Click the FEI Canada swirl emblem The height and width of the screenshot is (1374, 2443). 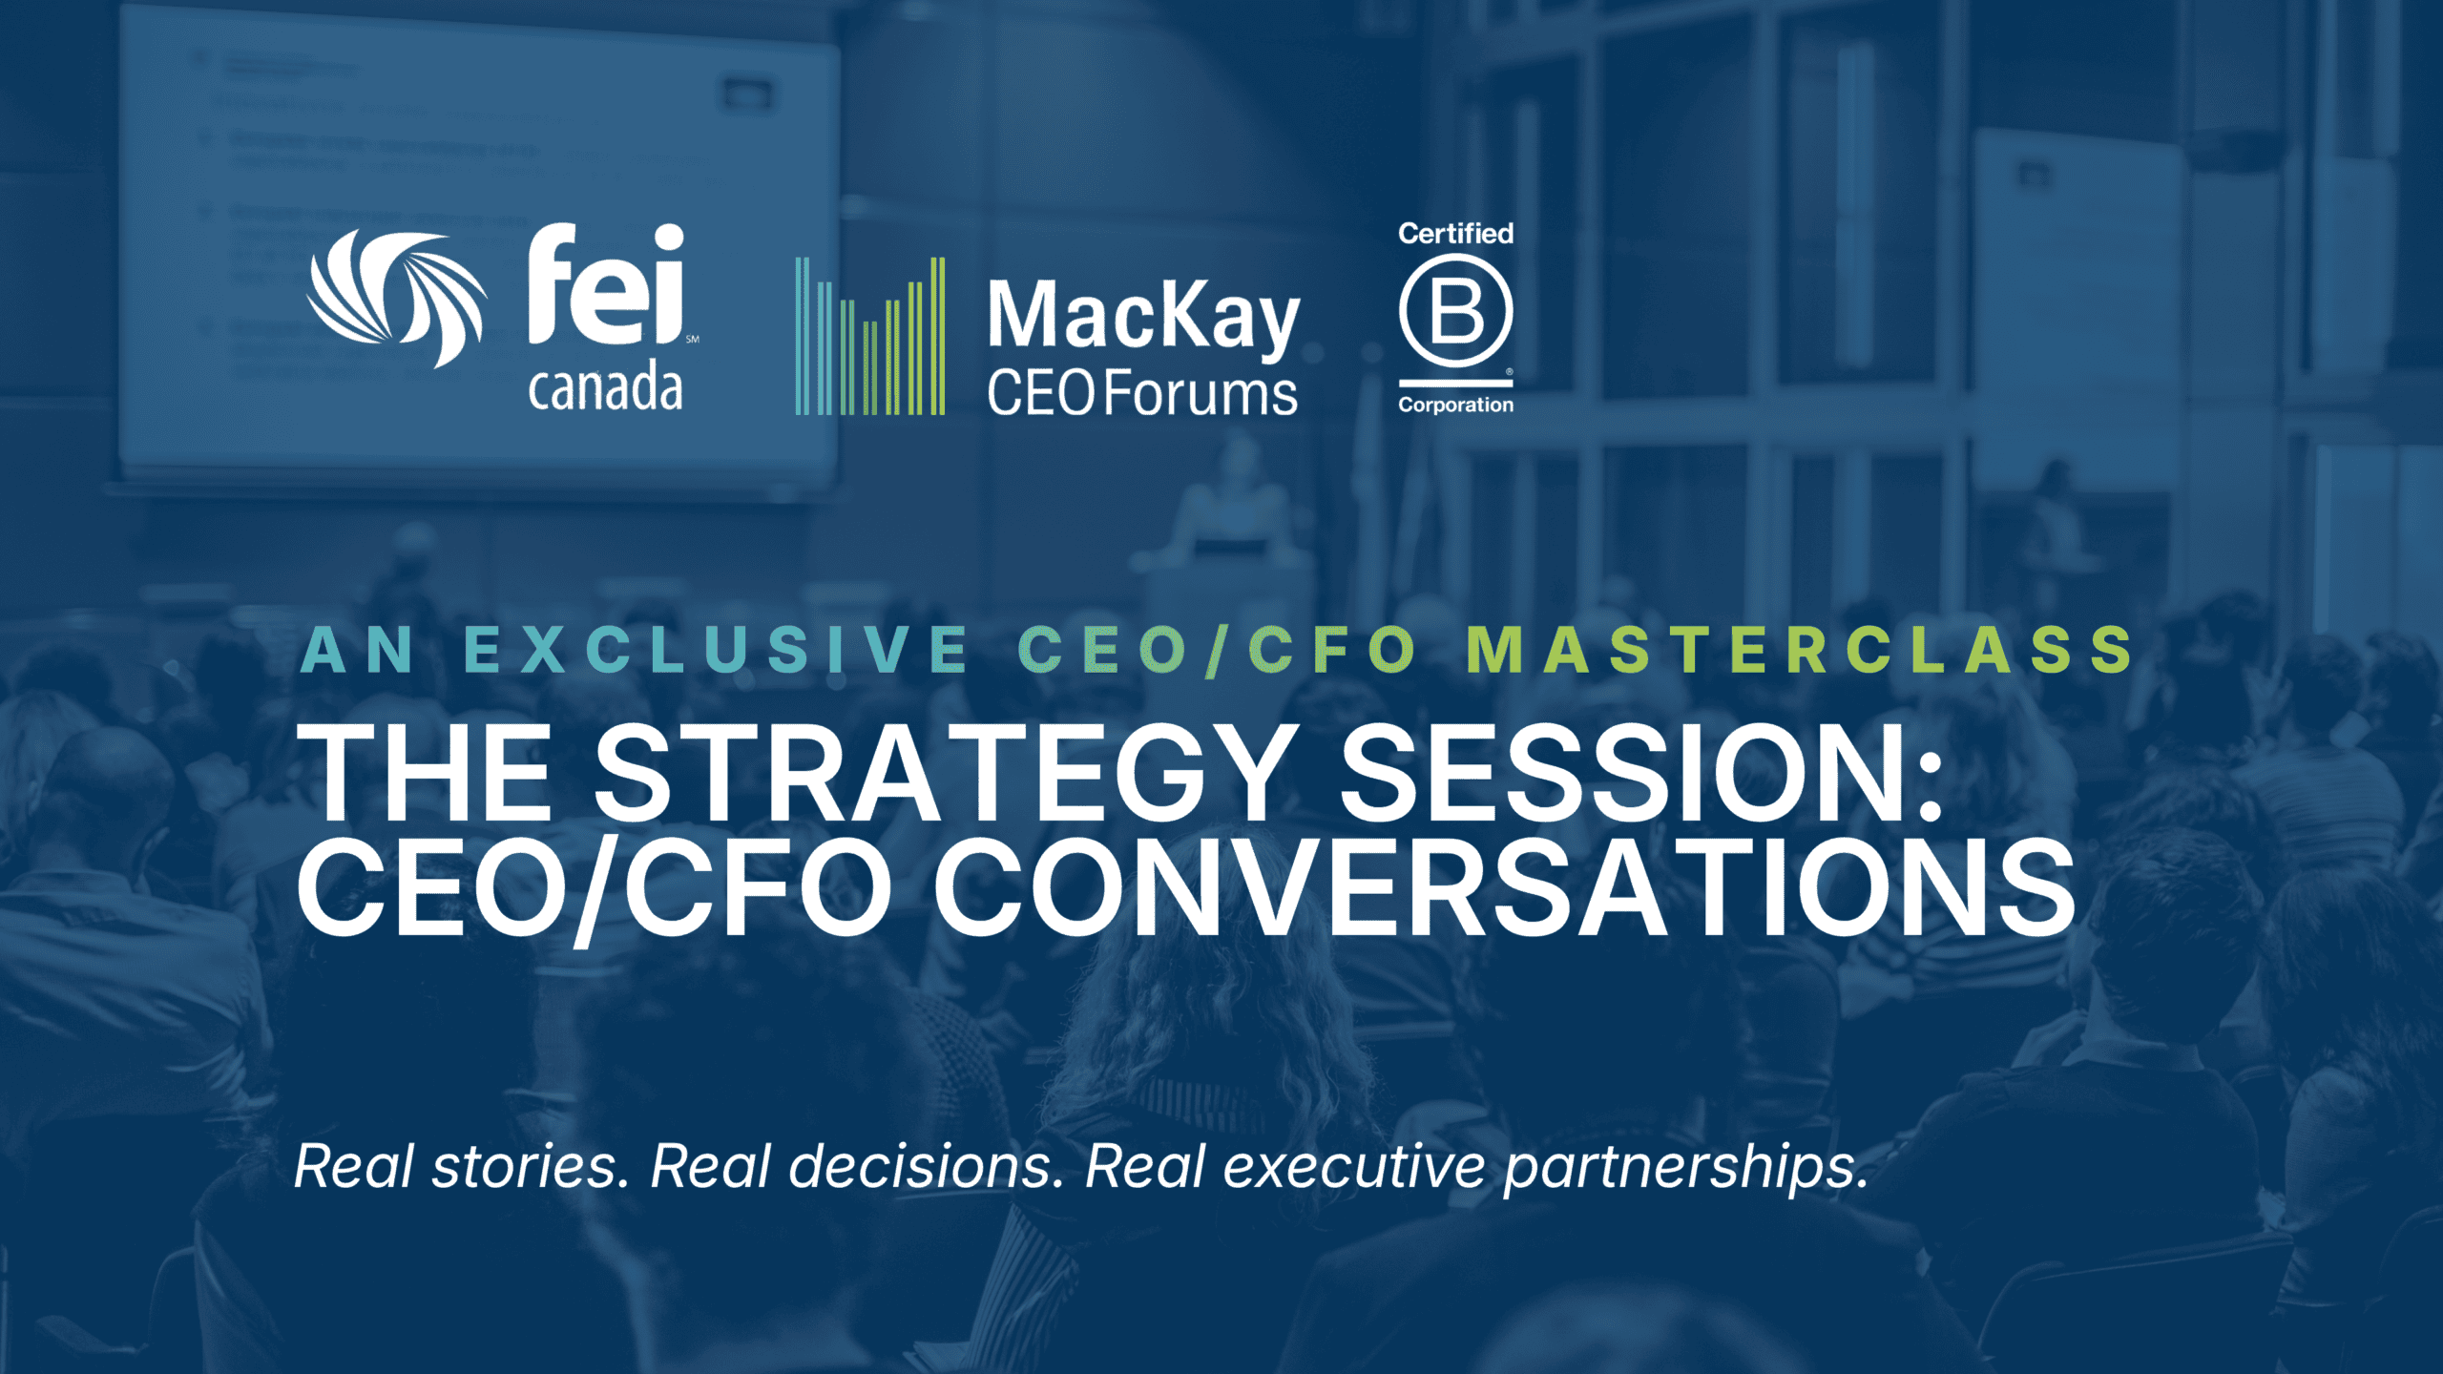coord(396,298)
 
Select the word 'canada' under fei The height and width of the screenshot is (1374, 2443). coord(606,387)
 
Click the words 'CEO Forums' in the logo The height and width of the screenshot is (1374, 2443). coord(1142,393)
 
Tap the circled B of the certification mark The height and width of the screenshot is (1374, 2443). coord(1455,312)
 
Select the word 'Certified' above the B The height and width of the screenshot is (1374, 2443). coord(1455,233)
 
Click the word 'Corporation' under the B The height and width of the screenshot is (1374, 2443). coord(1455,405)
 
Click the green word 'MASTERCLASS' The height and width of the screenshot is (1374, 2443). coord(1800,650)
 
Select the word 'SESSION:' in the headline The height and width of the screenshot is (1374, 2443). coord(1642,772)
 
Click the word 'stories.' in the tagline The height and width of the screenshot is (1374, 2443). coord(531,1166)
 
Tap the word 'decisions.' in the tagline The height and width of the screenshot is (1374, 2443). coord(927,1166)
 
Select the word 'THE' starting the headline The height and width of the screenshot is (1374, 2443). coord(425,772)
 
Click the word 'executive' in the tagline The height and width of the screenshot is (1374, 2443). coord(1354,1166)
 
